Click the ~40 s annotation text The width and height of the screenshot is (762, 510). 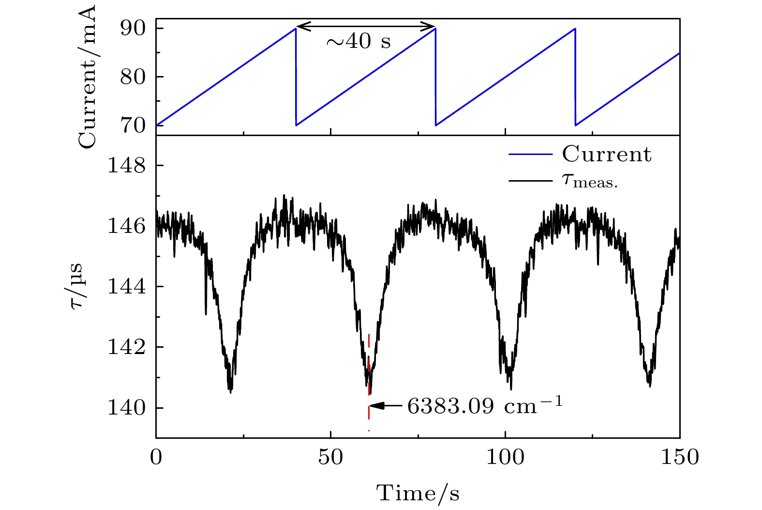point(358,42)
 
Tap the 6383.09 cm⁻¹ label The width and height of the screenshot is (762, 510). point(485,406)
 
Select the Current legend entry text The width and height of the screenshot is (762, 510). point(607,155)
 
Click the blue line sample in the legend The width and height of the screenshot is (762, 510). point(530,155)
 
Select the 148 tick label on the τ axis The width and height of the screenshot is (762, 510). point(126,166)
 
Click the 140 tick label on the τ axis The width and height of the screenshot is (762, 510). point(126,408)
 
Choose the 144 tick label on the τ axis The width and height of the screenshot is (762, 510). point(126,287)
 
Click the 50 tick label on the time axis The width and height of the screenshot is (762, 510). point(330,457)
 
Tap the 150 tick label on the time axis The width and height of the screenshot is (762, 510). point(680,457)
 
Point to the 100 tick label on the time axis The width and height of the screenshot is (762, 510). point(505,457)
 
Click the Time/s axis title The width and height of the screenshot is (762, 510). point(418,494)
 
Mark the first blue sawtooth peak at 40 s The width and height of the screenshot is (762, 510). point(295,29)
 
